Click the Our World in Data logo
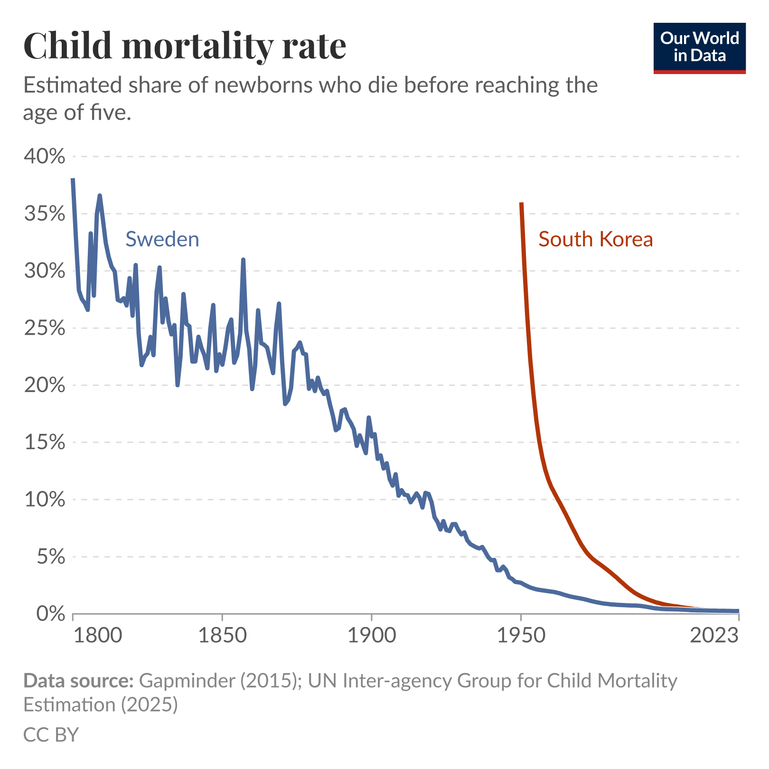(699, 47)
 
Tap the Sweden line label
(162, 239)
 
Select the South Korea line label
(595, 239)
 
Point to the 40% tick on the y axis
(44, 157)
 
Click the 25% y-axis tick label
(44, 328)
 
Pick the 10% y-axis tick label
(44, 499)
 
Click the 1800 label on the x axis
(98, 635)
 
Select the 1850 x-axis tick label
(222, 635)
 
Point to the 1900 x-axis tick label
(371, 635)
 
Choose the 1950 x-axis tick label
(521, 635)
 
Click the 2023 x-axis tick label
(714, 635)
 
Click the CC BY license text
(51, 734)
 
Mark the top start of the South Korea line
(521, 204)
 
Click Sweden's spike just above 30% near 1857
(243, 260)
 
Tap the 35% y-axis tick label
(44, 214)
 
